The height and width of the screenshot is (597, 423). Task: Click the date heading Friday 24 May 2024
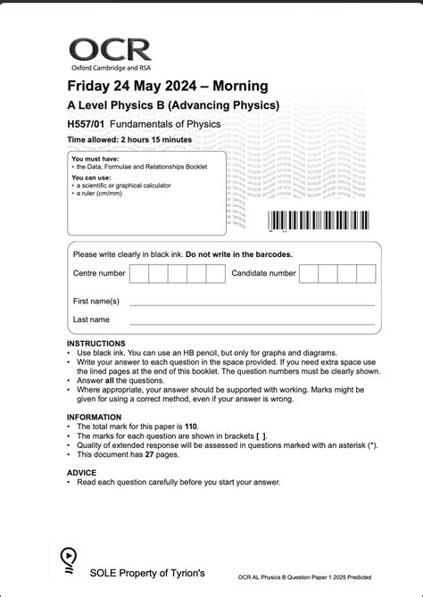click(167, 87)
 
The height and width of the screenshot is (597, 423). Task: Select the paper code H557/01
click(85, 123)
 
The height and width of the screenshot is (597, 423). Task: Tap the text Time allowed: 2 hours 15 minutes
click(129, 140)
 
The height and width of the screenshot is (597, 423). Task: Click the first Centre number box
click(138, 274)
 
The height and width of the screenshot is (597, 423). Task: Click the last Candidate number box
click(366, 274)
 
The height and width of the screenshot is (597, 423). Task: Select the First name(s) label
click(95, 301)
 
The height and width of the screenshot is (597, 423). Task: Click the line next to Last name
click(252, 323)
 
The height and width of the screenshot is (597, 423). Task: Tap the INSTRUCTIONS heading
click(96, 344)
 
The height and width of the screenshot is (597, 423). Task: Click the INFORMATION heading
click(94, 417)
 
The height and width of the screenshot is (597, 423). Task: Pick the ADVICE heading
click(81, 472)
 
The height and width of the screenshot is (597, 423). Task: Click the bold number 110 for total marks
click(211, 427)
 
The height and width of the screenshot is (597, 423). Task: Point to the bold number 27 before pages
click(149, 454)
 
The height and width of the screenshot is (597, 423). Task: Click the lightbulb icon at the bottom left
click(68, 559)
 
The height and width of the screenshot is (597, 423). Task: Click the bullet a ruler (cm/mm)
click(102, 193)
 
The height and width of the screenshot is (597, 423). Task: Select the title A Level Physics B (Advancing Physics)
click(173, 105)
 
